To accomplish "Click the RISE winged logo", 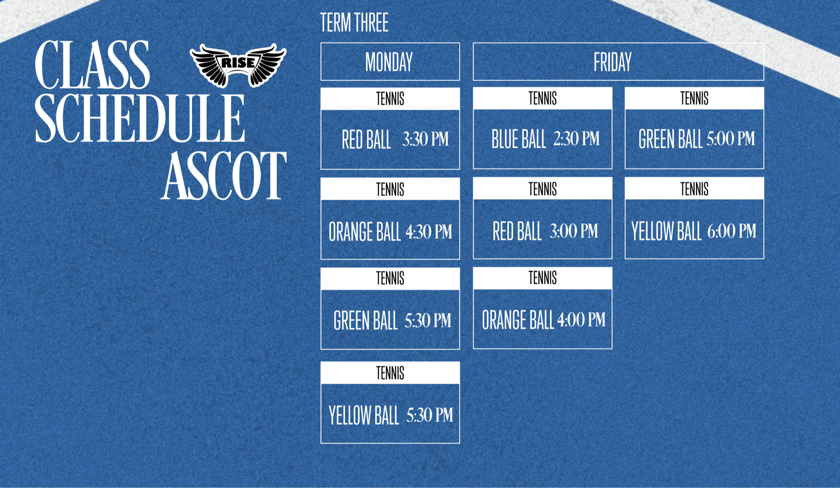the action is (x=238, y=65).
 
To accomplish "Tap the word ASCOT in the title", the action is (x=224, y=175).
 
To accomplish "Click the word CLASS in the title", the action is (x=92, y=64).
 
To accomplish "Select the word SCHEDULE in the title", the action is (x=140, y=118).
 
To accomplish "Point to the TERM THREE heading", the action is (x=354, y=23).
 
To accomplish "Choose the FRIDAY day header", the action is (x=612, y=62).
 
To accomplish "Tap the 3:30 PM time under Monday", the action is (x=425, y=139).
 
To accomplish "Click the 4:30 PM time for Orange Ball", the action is (x=429, y=232).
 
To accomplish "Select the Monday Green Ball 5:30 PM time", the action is (x=428, y=321).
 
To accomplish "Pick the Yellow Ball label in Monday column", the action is (x=364, y=415).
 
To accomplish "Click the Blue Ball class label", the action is (x=519, y=139).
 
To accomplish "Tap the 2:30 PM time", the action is (x=576, y=139).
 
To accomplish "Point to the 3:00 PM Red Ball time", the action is (x=574, y=231).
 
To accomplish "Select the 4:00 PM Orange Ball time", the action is (x=581, y=320).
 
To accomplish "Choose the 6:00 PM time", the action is (x=732, y=231).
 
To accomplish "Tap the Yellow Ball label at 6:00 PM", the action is (x=667, y=231).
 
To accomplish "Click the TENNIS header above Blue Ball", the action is (x=543, y=99).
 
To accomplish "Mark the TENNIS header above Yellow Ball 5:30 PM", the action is (x=390, y=373).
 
